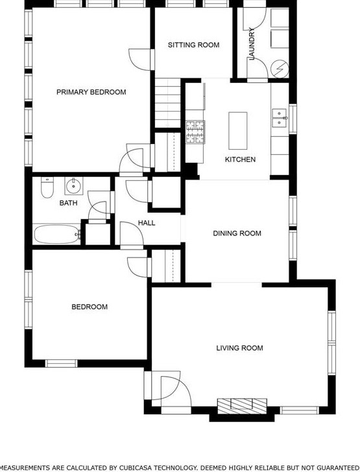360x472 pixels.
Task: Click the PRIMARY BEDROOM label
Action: (91, 92)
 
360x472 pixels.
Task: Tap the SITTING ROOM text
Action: (193, 45)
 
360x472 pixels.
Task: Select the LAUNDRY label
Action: (252, 43)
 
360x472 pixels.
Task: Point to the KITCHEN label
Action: (240, 159)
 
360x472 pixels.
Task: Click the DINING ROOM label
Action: (237, 233)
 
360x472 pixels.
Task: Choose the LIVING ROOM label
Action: (239, 348)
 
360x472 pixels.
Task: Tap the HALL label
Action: (147, 223)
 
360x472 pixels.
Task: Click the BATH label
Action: (68, 203)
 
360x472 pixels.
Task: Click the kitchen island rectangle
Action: (237, 131)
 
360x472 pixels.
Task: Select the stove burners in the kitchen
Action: (195, 132)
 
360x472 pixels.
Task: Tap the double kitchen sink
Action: (280, 118)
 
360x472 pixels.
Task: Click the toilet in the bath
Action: (47, 187)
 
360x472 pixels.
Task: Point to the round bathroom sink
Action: (73, 186)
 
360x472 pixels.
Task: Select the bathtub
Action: (57, 235)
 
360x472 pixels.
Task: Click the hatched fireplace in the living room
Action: (242, 406)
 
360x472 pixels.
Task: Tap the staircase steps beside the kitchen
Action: (168, 103)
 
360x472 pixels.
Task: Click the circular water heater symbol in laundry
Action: (280, 69)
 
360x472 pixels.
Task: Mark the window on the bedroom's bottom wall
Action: (62, 363)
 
